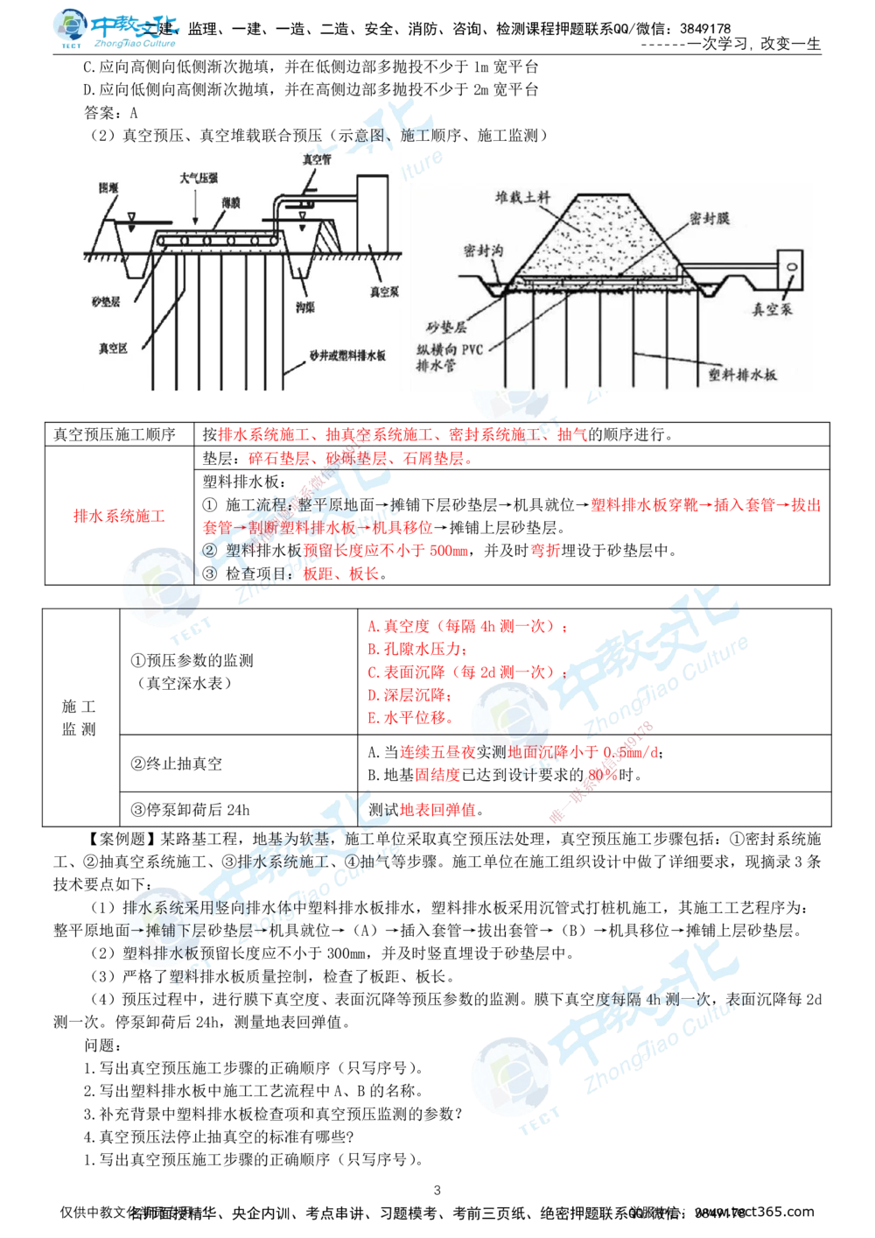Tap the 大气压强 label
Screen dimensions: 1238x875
[198, 178]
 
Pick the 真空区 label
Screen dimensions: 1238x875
[114, 348]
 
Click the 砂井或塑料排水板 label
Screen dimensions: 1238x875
[346, 357]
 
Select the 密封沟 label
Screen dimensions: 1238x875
[482, 252]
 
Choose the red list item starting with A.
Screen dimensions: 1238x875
[467, 628]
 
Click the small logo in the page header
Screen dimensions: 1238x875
[115, 29]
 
